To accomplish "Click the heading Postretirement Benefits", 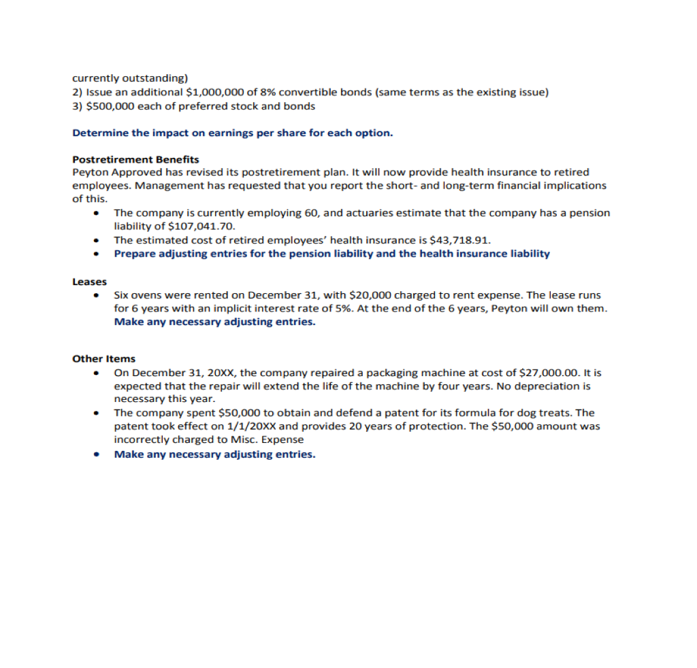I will click(x=135, y=159).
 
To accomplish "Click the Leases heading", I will click(x=89, y=282).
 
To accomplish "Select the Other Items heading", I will click(x=103, y=358).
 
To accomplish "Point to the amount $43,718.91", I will click(x=460, y=239).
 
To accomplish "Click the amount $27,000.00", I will click(x=548, y=373).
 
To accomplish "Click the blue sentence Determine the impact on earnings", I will click(x=232, y=133).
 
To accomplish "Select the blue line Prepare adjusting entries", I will click(x=331, y=254).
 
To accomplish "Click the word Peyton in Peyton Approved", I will click(x=88, y=172).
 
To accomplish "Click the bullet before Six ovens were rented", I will click(x=99, y=296).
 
